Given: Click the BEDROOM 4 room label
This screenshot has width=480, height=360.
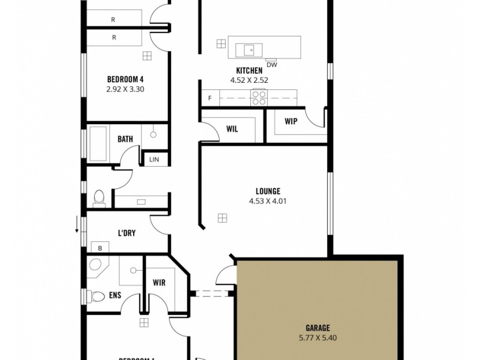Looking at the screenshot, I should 125,79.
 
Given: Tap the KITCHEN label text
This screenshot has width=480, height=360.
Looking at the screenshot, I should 249,70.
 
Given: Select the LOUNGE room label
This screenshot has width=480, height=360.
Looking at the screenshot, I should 268,191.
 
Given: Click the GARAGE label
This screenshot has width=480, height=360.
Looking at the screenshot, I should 317,328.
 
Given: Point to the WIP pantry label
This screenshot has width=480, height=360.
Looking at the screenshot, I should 291,121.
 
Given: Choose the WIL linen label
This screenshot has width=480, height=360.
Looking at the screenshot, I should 233,128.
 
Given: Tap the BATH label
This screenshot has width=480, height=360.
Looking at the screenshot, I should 125,139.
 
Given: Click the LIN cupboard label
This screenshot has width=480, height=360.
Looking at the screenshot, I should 154,160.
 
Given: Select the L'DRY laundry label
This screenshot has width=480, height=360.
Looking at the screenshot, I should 126,233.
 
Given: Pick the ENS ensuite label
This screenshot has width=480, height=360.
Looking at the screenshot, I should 115,295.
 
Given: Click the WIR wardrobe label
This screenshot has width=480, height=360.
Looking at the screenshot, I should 159,282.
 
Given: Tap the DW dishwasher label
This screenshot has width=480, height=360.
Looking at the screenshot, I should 271,64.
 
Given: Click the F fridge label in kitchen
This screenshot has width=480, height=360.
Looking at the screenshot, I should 210,98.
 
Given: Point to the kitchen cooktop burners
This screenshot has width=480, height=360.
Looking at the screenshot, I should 259,97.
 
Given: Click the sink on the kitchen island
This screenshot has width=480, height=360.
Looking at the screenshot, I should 248,49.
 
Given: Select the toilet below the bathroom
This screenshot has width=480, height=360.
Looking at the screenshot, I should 100,197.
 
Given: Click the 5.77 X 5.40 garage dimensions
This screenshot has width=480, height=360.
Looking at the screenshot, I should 317,338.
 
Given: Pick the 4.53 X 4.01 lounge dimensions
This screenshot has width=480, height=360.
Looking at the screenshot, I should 268,202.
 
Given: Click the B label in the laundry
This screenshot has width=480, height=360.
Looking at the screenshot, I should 100,247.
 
